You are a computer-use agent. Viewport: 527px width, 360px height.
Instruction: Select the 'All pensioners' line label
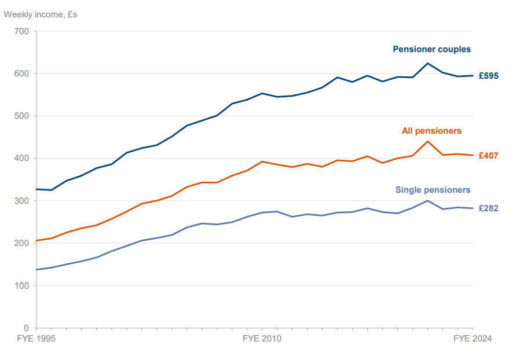(431, 131)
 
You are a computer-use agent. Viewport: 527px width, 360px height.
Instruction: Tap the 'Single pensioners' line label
(433, 190)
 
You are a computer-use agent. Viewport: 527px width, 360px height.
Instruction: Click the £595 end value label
(488, 76)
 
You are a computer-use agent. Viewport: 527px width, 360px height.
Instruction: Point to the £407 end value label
(488, 156)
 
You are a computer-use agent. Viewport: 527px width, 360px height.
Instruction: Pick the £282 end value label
(488, 208)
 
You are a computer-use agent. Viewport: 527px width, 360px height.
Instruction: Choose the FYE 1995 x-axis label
(36, 339)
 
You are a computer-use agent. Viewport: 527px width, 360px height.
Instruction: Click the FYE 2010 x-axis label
(262, 339)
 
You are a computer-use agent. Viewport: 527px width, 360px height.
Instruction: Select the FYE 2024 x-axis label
(472, 339)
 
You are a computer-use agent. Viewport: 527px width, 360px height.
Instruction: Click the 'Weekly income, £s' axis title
(41, 14)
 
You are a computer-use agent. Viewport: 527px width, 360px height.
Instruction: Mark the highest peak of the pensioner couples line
(427, 63)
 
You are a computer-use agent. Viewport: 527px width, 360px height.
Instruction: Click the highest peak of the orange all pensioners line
(427, 141)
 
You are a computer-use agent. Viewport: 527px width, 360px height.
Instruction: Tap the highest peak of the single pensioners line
(427, 201)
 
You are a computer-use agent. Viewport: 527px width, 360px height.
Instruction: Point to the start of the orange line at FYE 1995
(36, 241)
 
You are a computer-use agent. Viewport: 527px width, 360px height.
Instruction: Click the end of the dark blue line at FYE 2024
(473, 75)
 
